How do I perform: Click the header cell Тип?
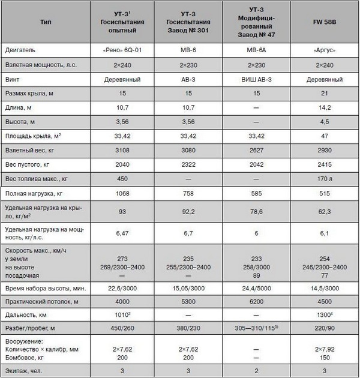click(x=45, y=21)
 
